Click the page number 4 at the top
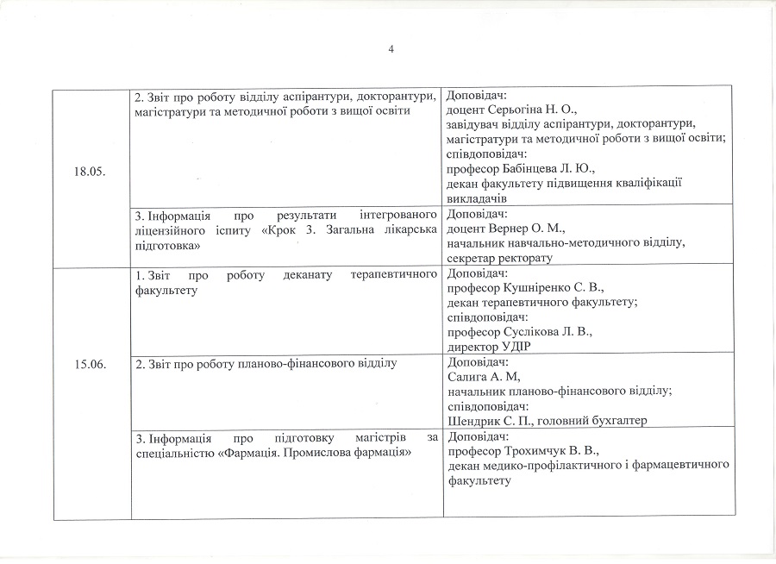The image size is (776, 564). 391,49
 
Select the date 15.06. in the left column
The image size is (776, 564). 91,365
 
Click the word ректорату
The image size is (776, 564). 524,258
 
